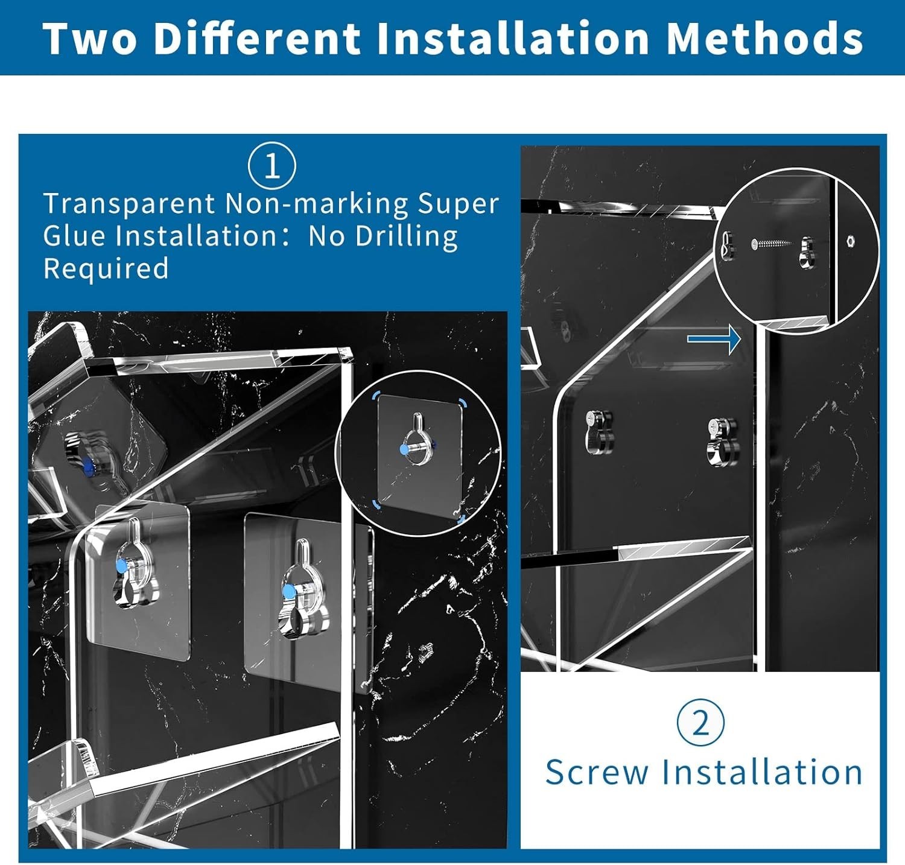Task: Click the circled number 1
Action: coord(271,165)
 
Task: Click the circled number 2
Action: coord(700,722)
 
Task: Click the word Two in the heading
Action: coord(91,38)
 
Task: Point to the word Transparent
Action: coord(129,204)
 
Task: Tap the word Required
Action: coord(106,268)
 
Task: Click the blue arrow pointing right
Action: coord(714,339)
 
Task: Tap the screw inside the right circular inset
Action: coord(772,244)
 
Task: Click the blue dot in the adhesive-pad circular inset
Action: coord(404,449)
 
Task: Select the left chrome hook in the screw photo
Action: coord(599,431)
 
